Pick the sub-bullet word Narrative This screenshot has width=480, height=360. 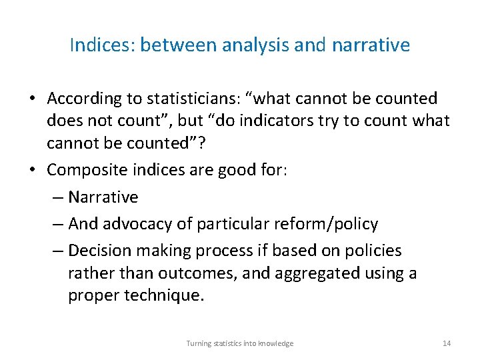coord(103,197)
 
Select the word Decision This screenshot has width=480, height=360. coord(97,251)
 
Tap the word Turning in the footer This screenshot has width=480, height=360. coord(198,343)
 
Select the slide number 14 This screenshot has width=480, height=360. coord(447,343)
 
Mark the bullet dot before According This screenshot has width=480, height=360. coord(32,99)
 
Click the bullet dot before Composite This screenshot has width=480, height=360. coord(32,170)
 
